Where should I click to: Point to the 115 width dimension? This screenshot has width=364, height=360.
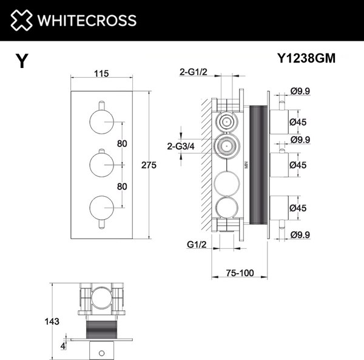click(x=101, y=73)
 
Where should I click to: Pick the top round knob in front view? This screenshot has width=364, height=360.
click(x=101, y=121)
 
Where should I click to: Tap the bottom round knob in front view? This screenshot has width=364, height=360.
click(x=101, y=208)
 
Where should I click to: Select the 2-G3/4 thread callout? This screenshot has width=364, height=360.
click(x=180, y=146)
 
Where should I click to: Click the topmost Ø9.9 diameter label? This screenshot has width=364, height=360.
click(x=301, y=91)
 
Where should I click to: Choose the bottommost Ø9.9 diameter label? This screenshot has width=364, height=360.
click(x=301, y=234)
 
